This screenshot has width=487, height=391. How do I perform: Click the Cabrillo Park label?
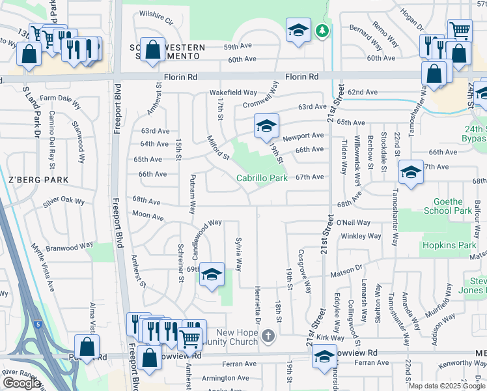tap(262, 177)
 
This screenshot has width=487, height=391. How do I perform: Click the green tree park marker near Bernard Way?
tap(322, 31)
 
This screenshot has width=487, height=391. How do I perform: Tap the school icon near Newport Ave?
tap(266, 126)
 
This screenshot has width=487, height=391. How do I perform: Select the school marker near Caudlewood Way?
tap(212, 275)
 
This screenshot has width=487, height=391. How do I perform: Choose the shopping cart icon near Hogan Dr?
tap(460, 29)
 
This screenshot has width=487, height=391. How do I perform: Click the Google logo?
tap(21, 383)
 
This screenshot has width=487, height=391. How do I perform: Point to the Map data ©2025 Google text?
tap(447, 386)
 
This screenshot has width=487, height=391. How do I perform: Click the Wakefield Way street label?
tap(233, 93)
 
